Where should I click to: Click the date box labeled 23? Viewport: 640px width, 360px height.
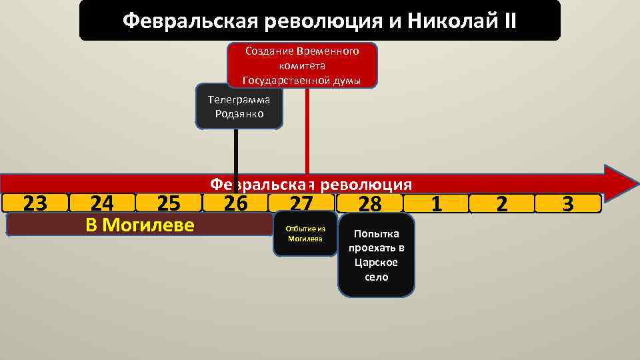pos(35,203)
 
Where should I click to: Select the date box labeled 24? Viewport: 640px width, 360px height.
pos(101,203)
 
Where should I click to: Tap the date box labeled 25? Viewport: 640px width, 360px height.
pos(168,203)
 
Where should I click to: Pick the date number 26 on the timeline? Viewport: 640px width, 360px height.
pos(235,202)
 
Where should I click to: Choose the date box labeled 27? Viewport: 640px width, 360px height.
pos(301,203)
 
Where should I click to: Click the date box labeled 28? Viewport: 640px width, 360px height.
pos(370,203)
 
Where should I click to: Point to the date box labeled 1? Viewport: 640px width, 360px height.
pos(436,203)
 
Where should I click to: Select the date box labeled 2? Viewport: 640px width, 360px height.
pos(501,203)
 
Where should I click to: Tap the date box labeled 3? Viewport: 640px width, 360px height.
pos(568,203)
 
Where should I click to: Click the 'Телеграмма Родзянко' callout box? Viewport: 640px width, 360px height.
pos(239,107)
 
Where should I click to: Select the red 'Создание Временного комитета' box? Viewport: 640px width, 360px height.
pos(302,65)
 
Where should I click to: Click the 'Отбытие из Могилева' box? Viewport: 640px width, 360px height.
pos(305,234)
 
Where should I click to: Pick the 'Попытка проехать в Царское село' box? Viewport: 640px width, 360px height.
pos(376,255)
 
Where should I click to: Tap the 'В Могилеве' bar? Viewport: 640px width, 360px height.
pos(140,225)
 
